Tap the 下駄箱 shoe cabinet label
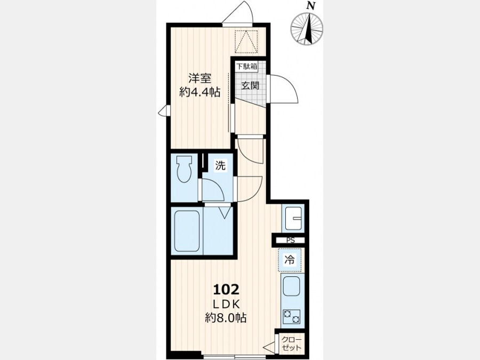[246, 66]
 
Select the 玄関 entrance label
[250, 85]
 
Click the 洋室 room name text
[199, 78]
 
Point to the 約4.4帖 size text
[199, 92]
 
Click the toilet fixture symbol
[185, 169]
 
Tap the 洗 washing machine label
[220, 165]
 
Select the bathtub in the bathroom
[187, 231]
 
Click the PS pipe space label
[291, 241]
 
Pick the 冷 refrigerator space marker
[290, 260]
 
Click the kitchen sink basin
[292, 287]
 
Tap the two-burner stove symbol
[291, 317]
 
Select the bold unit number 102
[226, 289]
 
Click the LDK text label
[226, 304]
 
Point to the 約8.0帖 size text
[226, 318]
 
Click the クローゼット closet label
[291, 343]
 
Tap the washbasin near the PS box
[293, 219]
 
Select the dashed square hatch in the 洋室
[246, 42]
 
